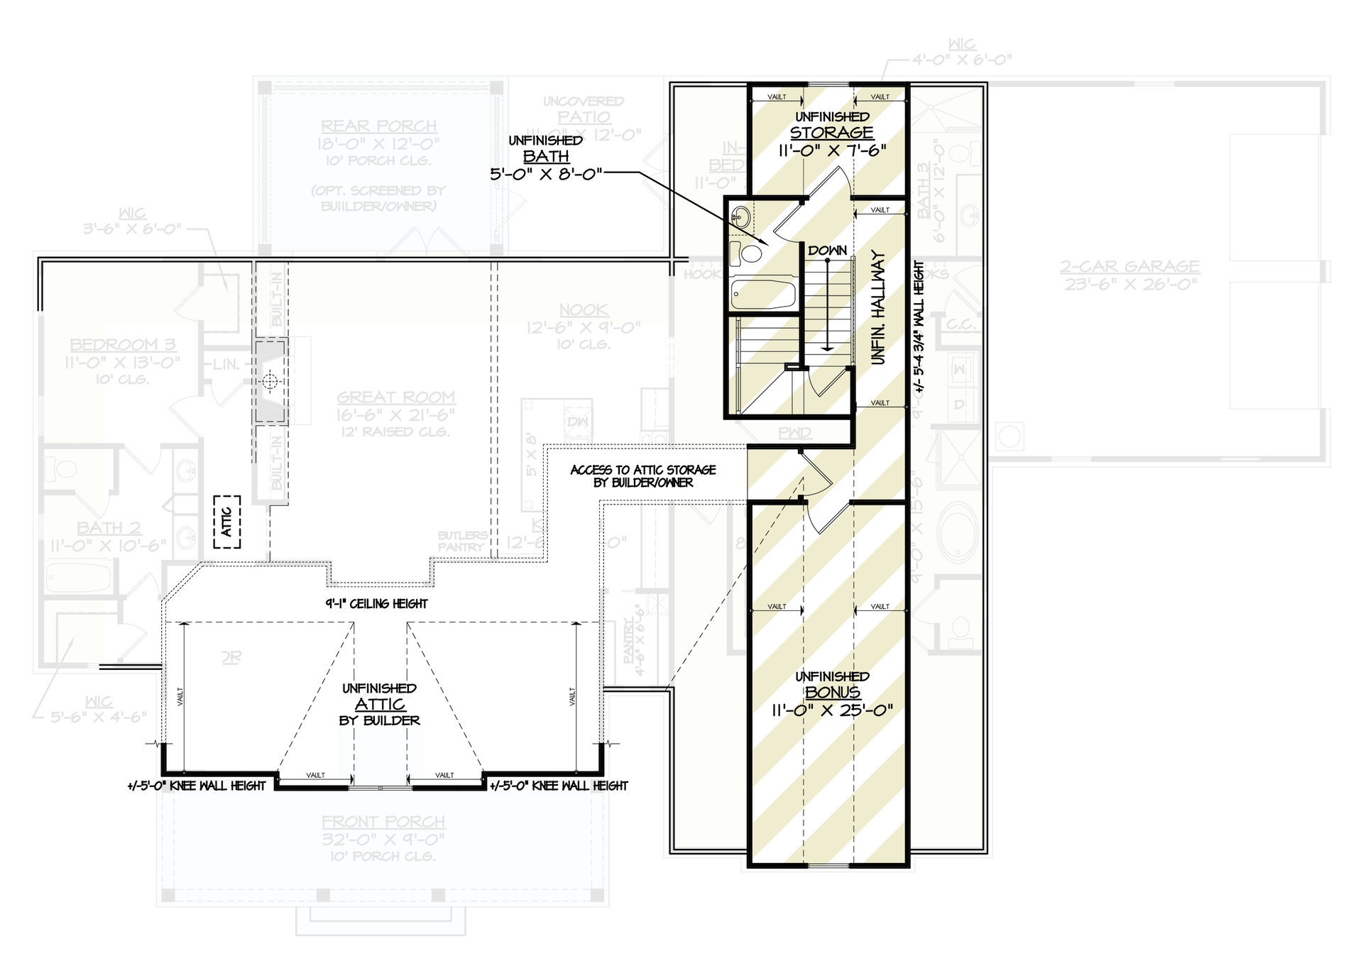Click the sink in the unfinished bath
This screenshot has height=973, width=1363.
(x=740, y=216)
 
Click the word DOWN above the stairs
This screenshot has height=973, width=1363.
(x=827, y=251)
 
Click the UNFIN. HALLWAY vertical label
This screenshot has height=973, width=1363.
(x=879, y=307)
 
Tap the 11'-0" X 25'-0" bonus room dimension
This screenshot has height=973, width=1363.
(x=831, y=710)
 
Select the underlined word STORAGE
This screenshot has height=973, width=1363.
(x=831, y=133)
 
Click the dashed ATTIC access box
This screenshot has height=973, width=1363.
(x=227, y=522)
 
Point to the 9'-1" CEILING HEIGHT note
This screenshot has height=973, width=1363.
(x=377, y=604)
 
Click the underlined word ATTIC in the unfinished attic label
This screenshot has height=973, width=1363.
(x=381, y=704)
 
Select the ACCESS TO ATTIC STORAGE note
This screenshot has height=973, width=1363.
(x=643, y=476)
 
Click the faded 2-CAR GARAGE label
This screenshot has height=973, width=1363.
(x=1130, y=266)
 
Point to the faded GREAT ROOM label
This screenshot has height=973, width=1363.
(x=396, y=397)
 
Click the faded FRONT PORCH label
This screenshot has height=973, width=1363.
(x=383, y=822)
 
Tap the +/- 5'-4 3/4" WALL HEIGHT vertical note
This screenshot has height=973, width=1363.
(x=919, y=326)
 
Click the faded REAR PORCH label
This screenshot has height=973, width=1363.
(x=378, y=126)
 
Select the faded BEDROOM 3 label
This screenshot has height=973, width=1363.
(x=122, y=345)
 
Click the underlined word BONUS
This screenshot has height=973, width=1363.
(x=832, y=693)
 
